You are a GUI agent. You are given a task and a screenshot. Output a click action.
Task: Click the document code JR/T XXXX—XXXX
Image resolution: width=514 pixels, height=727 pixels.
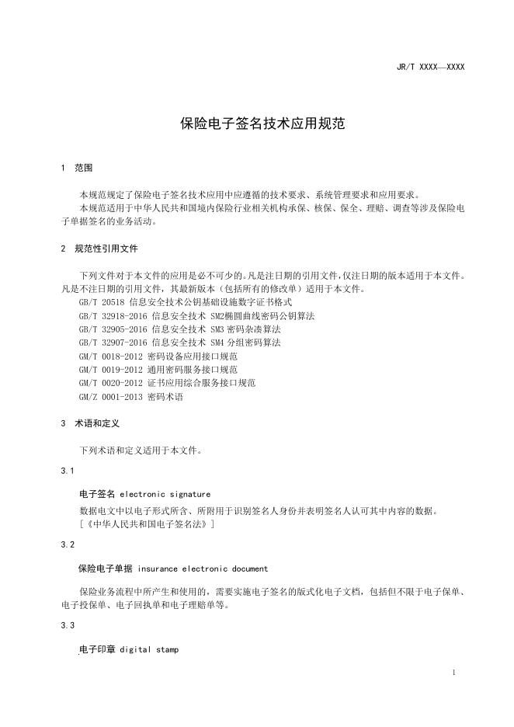430,68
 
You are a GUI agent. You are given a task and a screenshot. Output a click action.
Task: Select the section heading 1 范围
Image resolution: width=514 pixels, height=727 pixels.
77,168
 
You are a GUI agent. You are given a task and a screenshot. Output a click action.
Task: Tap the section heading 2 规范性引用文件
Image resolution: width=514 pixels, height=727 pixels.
100,249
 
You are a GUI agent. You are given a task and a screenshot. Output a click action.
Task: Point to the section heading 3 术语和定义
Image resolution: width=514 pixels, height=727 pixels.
91,423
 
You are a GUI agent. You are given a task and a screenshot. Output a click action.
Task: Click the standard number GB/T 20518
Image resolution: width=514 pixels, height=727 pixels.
102,302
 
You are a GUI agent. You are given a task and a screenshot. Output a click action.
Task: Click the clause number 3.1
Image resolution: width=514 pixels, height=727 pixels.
67,471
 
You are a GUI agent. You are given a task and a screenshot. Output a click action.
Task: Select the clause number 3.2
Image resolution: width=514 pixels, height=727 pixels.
67,545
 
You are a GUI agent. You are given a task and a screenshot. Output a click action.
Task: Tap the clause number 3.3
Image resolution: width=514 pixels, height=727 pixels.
67,625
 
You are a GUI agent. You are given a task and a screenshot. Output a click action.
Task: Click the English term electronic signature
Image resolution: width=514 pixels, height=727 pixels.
165,494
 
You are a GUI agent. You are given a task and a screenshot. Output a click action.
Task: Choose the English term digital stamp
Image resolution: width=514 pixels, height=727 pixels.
149,649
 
